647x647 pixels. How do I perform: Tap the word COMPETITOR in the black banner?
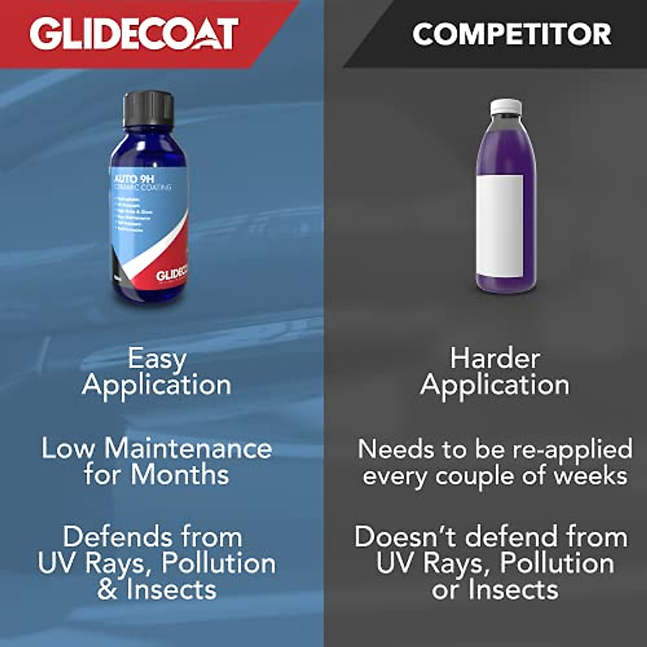tap(512, 34)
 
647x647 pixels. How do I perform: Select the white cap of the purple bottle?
tap(505, 107)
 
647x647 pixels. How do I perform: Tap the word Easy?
tap(157, 359)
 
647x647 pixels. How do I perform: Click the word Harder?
tap(495, 359)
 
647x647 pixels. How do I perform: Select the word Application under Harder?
tap(495, 385)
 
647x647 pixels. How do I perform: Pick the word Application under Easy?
tap(157, 385)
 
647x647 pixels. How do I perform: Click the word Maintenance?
tap(188, 449)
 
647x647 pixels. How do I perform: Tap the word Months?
tap(180, 474)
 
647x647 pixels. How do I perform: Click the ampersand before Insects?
tap(107, 589)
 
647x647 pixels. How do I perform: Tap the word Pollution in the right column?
tap(557, 563)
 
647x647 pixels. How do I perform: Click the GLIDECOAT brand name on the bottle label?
tap(171, 275)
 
